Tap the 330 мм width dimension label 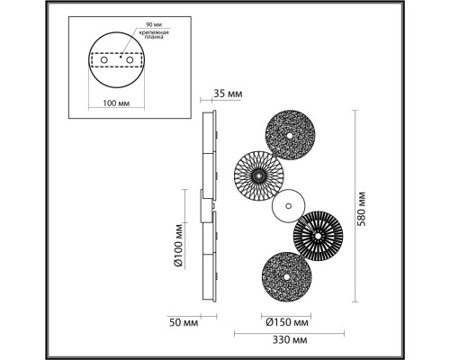288,341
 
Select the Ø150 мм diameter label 288,321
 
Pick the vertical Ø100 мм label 179,247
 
